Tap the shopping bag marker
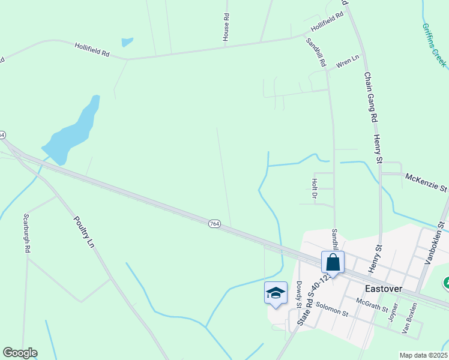pyautogui.click(x=333, y=263)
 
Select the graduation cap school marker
pyautogui.click(x=276, y=293)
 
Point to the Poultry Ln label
pyautogui.click(x=84, y=233)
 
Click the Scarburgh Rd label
pyautogui.click(x=26, y=233)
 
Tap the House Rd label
pyautogui.click(x=226, y=28)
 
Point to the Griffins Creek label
pyautogui.click(x=434, y=45)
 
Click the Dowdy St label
pyautogui.click(x=298, y=294)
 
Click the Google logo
pyautogui.click(x=20, y=353)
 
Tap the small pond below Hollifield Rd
pyautogui.click(x=127, y=43)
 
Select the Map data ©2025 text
pyautogui.click(x=423, y=355)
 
